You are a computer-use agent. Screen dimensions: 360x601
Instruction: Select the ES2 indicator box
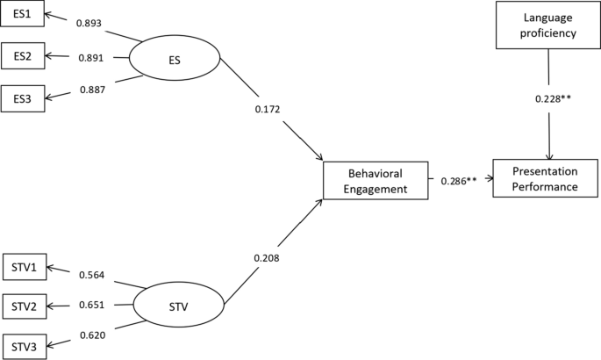[22, 56]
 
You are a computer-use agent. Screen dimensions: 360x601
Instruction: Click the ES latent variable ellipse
[175, 61]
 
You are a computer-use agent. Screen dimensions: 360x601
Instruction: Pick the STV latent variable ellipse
[178, 306]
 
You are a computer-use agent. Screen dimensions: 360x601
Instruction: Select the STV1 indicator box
[22, 266]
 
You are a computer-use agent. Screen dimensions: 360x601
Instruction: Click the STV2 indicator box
[22, 306]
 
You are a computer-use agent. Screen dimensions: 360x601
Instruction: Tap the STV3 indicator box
[22, 346]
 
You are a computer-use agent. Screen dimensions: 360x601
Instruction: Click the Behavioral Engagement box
[376, 180]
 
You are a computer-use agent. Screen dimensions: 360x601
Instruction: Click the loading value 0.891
[91, 58]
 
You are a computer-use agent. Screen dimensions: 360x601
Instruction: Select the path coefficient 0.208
[268, 257]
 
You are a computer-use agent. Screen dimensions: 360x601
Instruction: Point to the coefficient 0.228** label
[554, 98]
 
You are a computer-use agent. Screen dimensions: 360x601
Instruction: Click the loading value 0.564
[92, 274]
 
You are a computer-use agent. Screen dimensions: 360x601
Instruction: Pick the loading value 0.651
[91, 306]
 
